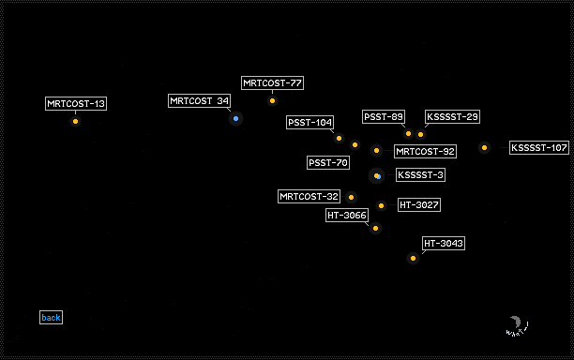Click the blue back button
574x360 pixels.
point(51,317)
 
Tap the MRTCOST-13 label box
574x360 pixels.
point(76,103)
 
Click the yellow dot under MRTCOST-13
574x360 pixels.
point(75,122)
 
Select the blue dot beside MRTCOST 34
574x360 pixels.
point(235,118)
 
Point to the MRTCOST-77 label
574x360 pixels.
point(272,83)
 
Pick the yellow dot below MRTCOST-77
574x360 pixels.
point(272,101)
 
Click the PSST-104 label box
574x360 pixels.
point(310,122)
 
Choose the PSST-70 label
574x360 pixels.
point(328,162)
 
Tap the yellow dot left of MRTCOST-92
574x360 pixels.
point(376,150)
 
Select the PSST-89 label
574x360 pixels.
point(384,116)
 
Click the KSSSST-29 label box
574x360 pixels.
point(452,116)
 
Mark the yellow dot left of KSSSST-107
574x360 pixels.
point(484,148)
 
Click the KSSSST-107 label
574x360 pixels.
point(539,148)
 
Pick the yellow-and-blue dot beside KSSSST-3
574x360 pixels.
point(377,176)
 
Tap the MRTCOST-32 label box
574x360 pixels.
point(309,197)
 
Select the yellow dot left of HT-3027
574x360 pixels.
point(381,205)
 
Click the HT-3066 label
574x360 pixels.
point(347,215)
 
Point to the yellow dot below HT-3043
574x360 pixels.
point(413,259)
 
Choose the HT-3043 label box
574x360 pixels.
point(444,244)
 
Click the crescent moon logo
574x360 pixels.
point(517,322)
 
